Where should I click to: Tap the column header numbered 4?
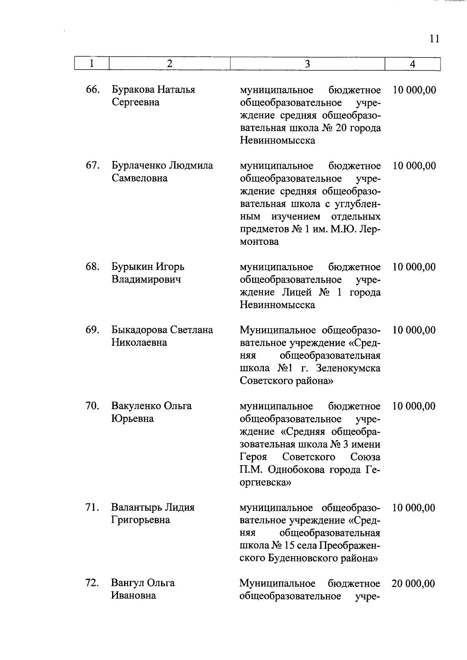tap(413, 64)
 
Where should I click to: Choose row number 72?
tap(92, 583)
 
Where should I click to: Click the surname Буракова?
tap(133, 90)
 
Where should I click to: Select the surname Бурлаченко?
tap(139, 166)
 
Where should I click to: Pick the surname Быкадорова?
tap(139, 330)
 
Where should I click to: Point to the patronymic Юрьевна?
tap(133, 419)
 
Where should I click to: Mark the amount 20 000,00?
tap(413, 584)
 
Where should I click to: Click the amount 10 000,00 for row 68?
tap(414, 267)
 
